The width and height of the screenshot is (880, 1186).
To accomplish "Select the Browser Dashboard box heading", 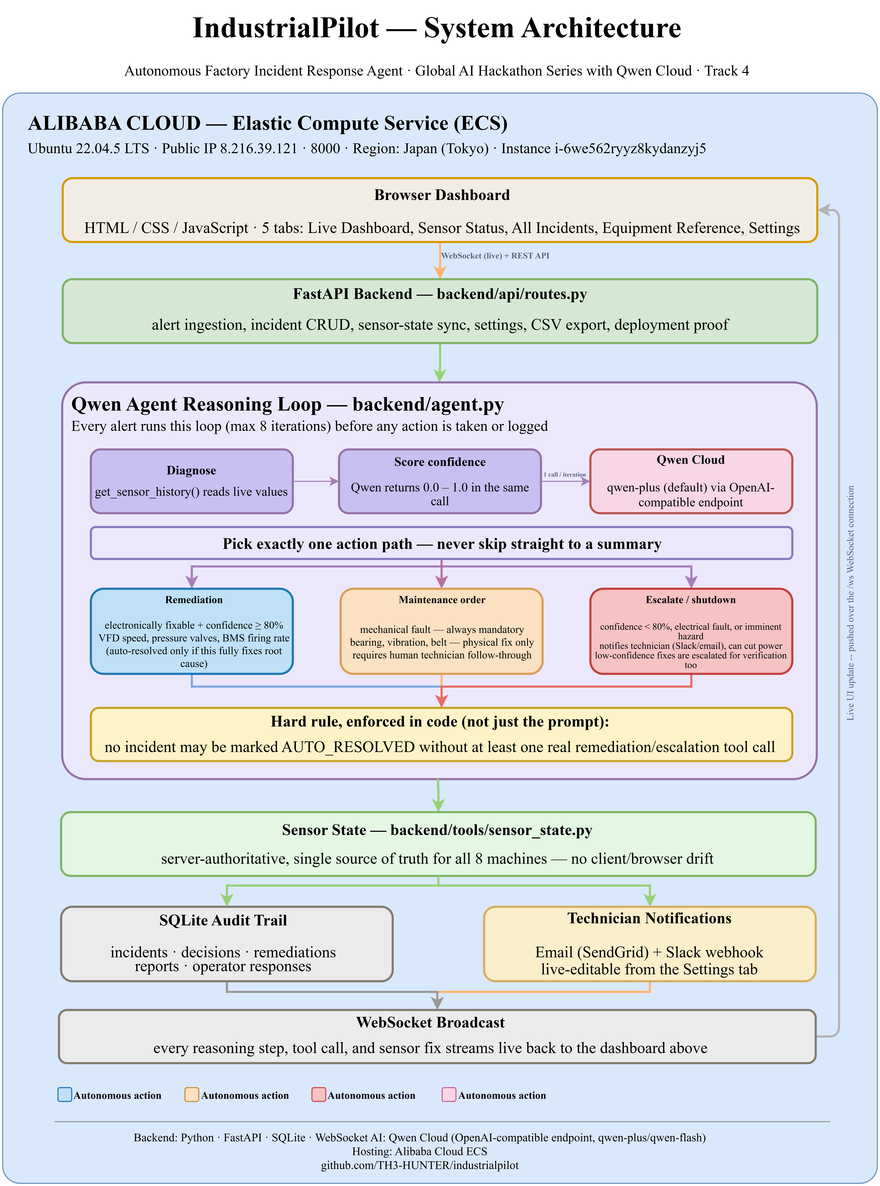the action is click(442, 195).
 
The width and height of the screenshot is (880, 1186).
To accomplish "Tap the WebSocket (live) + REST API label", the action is click(495, 256).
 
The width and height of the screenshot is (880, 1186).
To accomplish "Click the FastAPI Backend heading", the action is click(440, 294).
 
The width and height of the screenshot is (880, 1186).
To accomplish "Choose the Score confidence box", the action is click(440, 481).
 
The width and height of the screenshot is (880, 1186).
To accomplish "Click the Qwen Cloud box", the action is click(691, 481).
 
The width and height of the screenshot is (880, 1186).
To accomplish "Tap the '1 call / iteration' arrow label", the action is click(565, 474).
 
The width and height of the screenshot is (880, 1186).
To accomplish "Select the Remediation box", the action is click(192, 631).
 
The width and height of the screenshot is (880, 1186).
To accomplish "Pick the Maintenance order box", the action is click(442, 631).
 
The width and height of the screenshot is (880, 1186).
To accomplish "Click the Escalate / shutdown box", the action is click(691, 631).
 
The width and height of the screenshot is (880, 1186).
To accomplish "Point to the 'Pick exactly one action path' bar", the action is click(442, 543).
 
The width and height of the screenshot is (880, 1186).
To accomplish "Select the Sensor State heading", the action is click(437, 830).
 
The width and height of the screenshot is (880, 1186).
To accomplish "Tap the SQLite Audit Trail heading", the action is click(223, 921).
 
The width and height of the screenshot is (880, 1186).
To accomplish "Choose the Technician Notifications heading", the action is click(649, 918).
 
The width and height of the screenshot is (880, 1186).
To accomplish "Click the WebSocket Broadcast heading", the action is click(430, 1022).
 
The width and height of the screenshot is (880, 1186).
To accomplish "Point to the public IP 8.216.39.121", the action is click(230, 149).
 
